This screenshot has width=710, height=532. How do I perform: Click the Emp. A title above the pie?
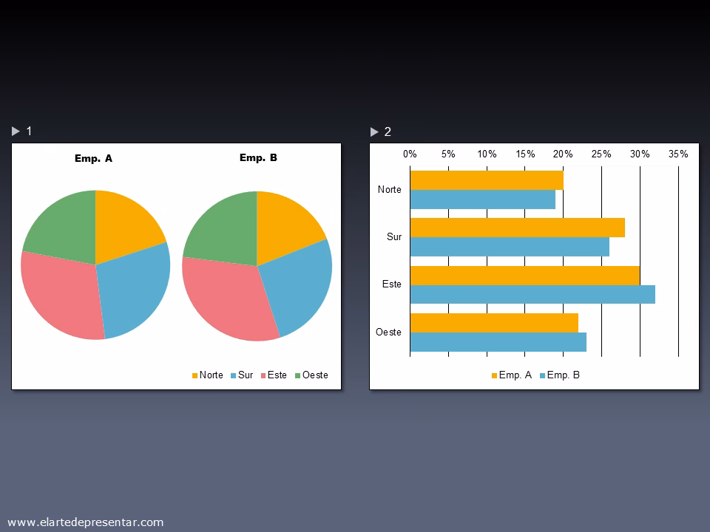(94, 158)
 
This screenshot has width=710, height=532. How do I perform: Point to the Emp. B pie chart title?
(258, 157)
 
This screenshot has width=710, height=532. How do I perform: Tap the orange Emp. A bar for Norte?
(487, 180)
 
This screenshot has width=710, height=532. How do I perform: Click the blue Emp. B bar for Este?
(532, 295)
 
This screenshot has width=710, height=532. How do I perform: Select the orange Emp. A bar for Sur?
(518, 228)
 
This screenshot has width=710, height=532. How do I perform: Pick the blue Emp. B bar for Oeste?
(498, 342)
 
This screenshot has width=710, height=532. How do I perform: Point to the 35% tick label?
(678, 154)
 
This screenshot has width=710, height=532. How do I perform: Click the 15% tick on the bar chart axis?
(525, 154)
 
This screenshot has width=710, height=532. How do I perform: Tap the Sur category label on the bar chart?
(394, 237)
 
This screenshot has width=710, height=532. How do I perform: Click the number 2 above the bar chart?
(388, 132)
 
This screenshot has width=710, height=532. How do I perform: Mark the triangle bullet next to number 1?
(16, 132)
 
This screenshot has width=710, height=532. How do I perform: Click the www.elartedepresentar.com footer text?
(85, 522)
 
